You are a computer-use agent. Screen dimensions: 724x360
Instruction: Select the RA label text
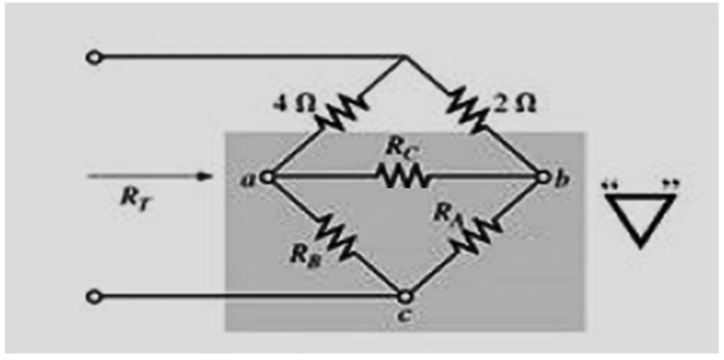coord(446,211)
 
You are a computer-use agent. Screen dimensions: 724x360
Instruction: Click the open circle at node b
coord(544,176)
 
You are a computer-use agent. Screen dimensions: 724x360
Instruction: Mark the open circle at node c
coord(404,295)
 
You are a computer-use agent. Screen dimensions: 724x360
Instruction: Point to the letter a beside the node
coord(250,178)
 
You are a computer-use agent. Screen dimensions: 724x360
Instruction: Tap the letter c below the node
coord(404,315)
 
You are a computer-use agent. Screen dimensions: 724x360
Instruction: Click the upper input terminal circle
coord(94,58)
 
